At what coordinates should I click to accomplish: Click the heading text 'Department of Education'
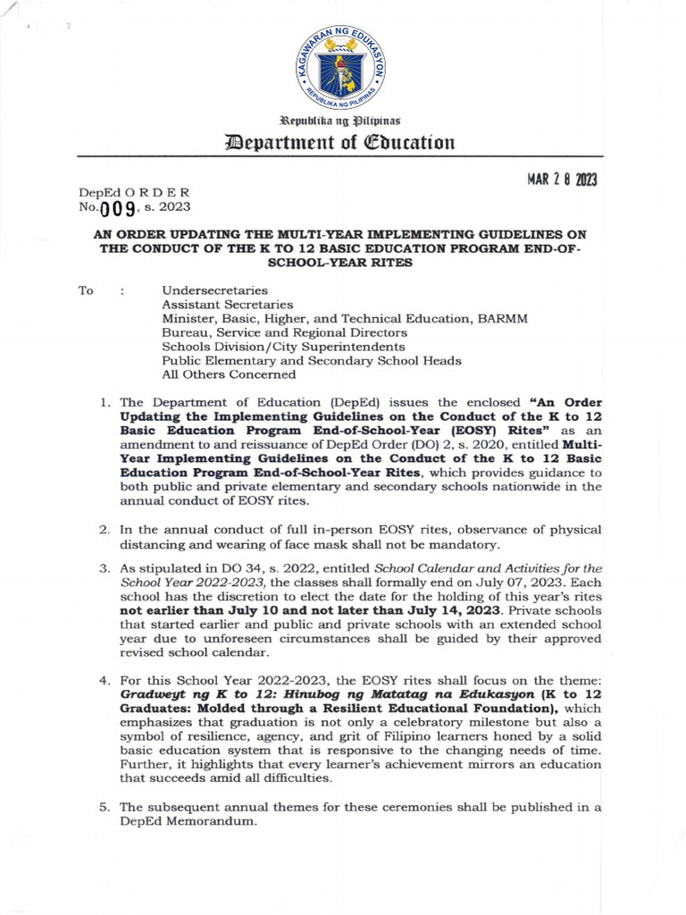pyautogui.click(x=343, y=141)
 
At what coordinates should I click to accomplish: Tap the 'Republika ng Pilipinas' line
pyautogui.click(x=343, y=119)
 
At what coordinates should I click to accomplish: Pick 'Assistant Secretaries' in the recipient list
pyautogui.click(x=227, y=305)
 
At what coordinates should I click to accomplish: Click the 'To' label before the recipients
pyautogui.click(x=87, y=290)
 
